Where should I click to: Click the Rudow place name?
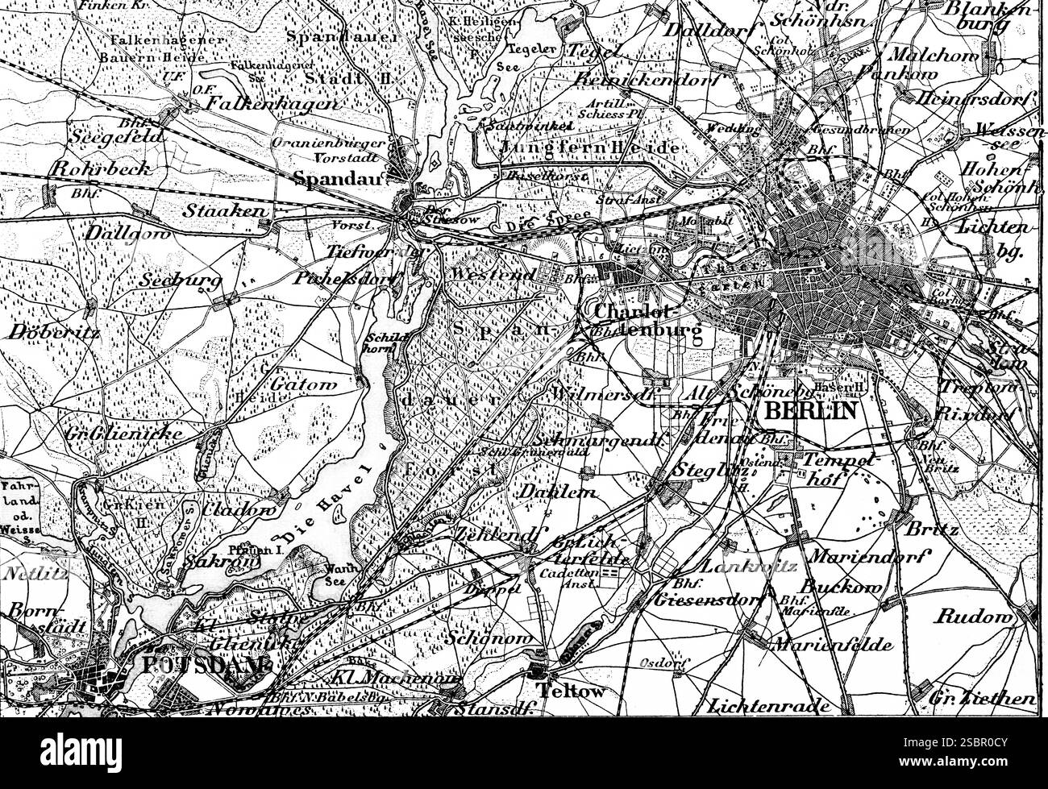tap(972, 617)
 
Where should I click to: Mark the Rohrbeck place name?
tap(90, 168)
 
